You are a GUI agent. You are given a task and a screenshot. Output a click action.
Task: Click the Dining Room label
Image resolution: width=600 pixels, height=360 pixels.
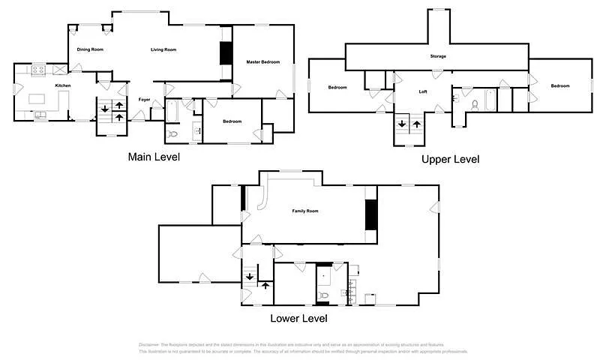coord(90,49)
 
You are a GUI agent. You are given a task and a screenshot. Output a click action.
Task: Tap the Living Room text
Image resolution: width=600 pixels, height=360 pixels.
coord(163,49)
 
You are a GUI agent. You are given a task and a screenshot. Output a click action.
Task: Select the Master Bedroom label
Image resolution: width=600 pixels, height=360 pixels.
coord(263,61)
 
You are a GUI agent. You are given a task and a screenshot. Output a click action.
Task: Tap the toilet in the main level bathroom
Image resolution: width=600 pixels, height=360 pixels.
coord(172,133)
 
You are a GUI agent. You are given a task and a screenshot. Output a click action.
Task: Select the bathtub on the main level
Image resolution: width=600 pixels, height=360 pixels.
coord(172,110)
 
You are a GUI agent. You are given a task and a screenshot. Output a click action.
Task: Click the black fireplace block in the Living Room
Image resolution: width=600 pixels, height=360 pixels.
coord(223,54)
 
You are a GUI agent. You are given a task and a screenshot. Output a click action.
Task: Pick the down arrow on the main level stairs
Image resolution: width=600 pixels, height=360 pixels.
coord(104,109)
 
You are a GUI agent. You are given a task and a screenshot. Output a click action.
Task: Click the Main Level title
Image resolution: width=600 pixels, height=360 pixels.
coord(154,157)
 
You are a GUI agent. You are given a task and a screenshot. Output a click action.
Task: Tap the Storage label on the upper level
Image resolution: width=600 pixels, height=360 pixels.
coord(438,57)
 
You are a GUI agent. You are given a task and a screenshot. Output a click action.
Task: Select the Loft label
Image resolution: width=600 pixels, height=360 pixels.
coord(423,92)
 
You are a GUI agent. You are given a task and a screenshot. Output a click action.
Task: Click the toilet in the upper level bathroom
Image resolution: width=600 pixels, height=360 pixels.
coord(474,104)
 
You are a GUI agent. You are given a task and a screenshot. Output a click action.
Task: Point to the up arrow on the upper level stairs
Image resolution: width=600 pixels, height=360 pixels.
coord(417,124)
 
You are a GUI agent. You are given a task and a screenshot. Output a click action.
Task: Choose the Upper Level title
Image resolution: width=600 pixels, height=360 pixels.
coord(450,159)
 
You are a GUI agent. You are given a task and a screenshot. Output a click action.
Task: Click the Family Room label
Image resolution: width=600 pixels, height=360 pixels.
coord(305,211)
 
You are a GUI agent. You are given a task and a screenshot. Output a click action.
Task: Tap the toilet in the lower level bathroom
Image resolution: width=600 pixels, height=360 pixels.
coord(323,295)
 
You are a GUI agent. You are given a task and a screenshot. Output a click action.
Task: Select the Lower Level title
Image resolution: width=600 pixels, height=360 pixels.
coord(298,319)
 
